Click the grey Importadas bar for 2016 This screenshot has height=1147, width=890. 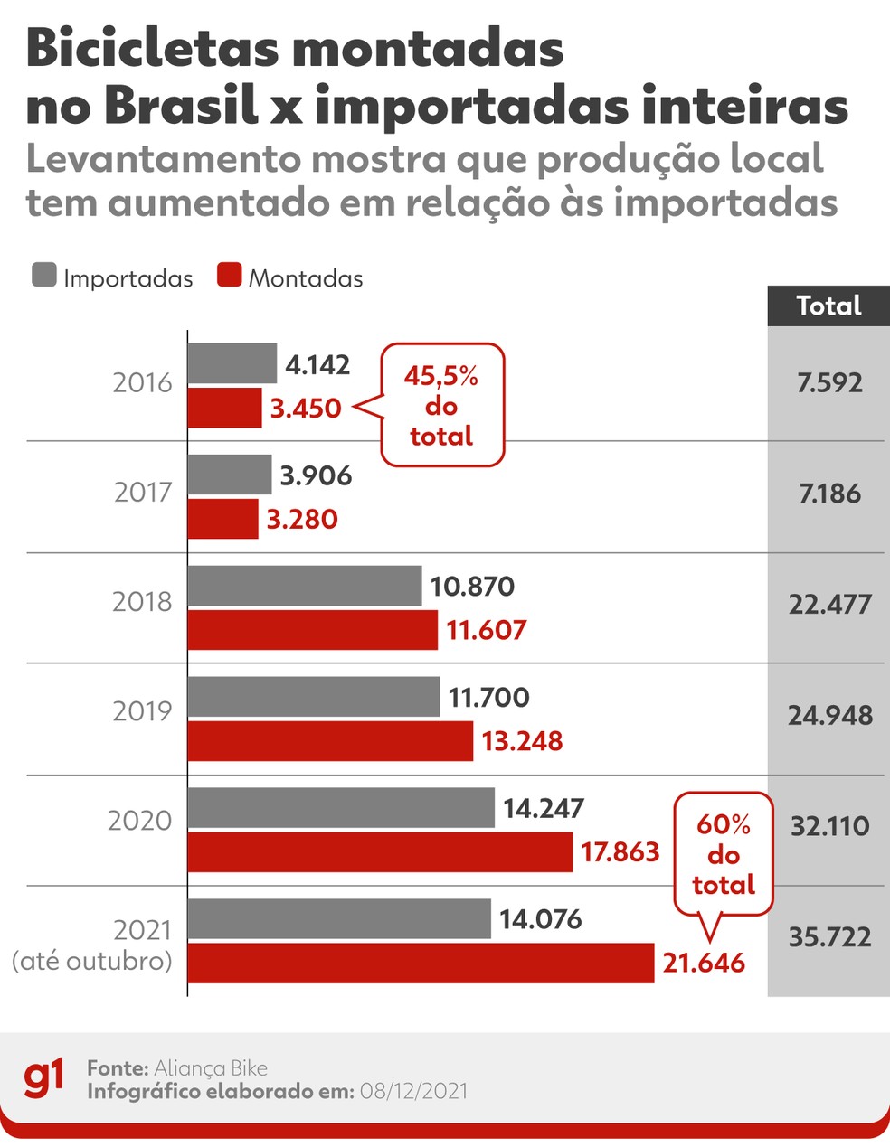232,363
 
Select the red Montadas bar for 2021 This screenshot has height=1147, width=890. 421,963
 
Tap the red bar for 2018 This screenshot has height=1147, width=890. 313,629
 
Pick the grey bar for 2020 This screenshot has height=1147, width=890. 341,807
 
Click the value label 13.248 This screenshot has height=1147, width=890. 522,741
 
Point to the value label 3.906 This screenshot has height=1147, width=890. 315,475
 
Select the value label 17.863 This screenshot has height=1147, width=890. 620,851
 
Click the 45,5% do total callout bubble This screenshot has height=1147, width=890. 441,405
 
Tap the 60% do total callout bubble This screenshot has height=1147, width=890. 724,854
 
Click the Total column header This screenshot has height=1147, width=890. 828,306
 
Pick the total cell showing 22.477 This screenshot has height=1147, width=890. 829,604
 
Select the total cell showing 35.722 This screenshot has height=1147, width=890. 829,936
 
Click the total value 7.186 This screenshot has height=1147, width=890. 829,494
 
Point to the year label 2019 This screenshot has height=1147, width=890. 142,711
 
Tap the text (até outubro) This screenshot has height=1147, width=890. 91,961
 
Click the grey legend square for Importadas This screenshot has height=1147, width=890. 44,276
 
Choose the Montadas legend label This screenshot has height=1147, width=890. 306,278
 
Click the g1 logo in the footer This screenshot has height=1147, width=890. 43,1078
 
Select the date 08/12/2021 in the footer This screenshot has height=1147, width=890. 413,1091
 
